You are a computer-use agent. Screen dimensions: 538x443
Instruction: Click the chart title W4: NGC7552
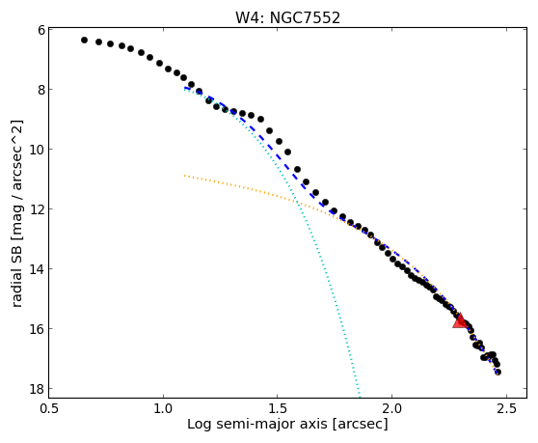pyautogui.click(x=287, y=17)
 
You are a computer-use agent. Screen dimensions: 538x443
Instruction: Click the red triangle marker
pyautogui.click(x=460, y=320)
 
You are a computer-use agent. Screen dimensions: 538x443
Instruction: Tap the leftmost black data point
pyautogui.click(x=85, y=41)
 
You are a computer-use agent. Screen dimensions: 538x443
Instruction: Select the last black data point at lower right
pyautogui.click(x=498, y=372)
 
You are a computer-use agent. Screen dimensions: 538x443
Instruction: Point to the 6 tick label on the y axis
pyautogui.click(x=41, y=30)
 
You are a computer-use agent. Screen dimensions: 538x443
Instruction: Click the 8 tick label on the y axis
pyautogui.click(x=41, y=90)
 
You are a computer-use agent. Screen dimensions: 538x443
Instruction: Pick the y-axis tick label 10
pyautogui.click(x=38, y=150)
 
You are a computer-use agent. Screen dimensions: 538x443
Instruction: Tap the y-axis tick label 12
pyautogui.click(x=38, y=209)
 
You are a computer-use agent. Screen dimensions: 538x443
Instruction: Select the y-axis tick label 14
pyautogui.click(x=38, y=269)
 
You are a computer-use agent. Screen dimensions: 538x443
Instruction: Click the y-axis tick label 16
pyautogui.click(x=38, y=329)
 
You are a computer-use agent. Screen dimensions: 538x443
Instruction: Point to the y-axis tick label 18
pyautogui.click(x=38, y=389)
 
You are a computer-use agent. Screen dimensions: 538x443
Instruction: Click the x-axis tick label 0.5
pyautogui.click(x=49, y=408)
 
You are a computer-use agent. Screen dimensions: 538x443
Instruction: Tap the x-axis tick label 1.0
pyautogui.click(x=164, y=408)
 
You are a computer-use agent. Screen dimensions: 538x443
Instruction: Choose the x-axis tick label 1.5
pyautogui.click(x=278, y=408)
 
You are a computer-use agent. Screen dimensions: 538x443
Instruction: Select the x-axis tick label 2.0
pyautogui.click(x=392, y=408)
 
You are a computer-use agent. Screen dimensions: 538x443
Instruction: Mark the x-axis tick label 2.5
pyautogui.click(x=506, y=408)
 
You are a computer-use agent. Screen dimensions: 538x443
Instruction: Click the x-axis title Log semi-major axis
pyautogui.click(x=257, y=425)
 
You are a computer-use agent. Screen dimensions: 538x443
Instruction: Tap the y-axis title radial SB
pyautogui.click(x=16, y=279)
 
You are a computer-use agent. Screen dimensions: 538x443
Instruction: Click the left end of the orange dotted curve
pyautogui.click(x=184, y=176)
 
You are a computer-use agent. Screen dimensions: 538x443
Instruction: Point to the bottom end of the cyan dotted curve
pyautogui.click(x=360, y=397)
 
